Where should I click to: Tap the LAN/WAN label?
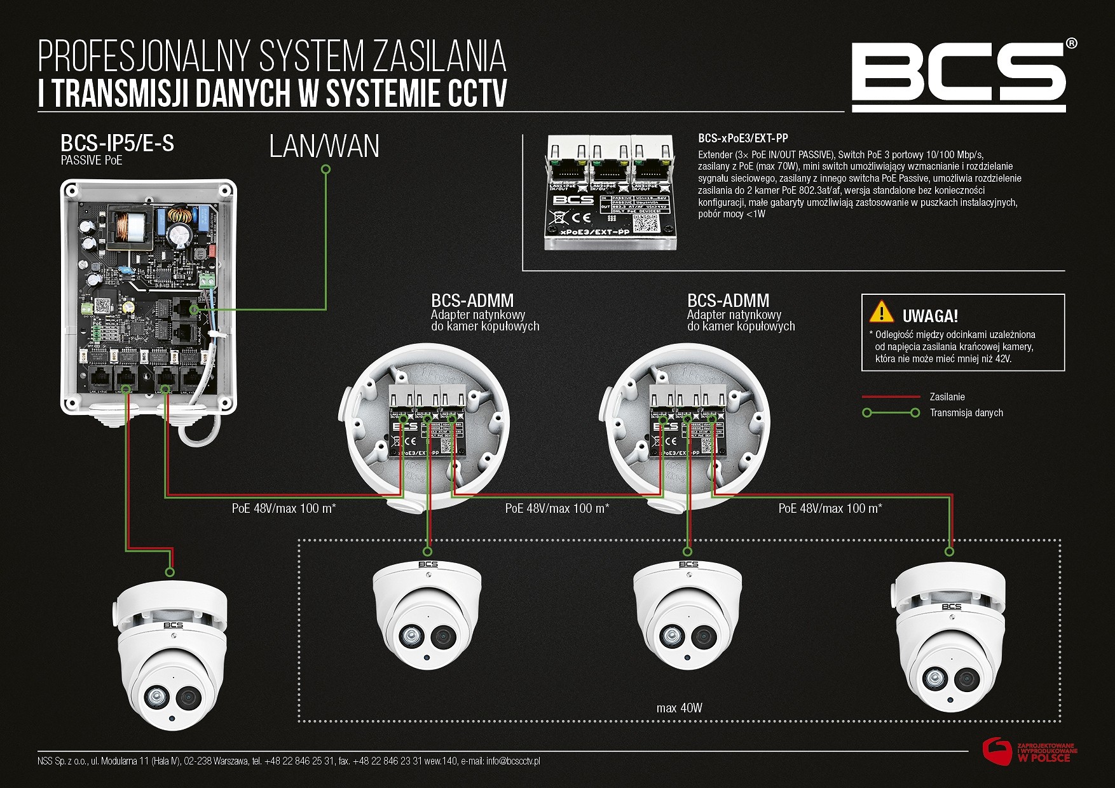click(324, 146)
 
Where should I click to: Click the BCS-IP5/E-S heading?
click(117, 144)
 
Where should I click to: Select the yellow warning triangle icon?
click(881, 311)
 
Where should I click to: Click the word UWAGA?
click(930, 316)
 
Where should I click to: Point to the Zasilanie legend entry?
click(947, 397)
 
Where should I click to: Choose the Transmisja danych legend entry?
click(966, 413)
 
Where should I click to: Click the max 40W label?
click(679, 708)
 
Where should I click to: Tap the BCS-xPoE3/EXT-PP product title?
click(742, 138)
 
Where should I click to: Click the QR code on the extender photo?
click(644, 222)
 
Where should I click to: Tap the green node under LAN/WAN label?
click(325, 169)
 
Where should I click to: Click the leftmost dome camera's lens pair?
click(170, 698)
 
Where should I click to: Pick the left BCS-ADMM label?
click(472, 301)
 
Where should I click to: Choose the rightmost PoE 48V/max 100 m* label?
click(830, 508)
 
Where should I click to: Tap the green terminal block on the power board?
click(206, 280)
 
